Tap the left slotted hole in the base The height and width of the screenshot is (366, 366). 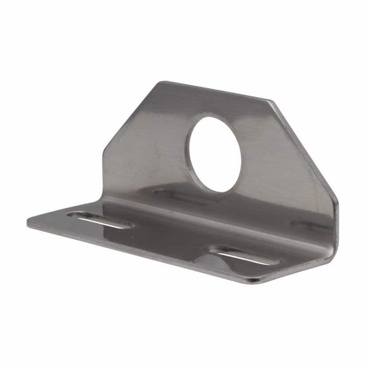point(101,221)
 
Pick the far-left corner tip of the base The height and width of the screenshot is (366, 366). point(27,223)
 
